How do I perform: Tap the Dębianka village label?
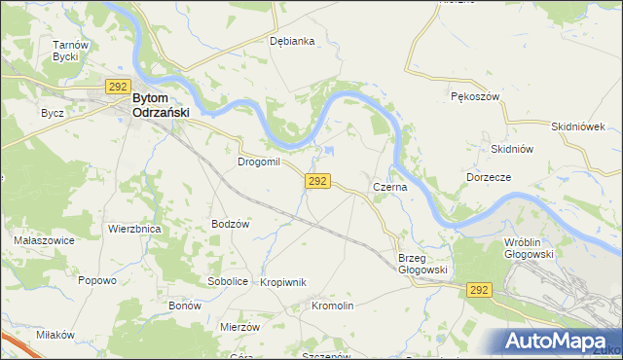coord(292,41)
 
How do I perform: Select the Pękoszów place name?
coord(475,98)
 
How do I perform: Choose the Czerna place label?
coord(389,185)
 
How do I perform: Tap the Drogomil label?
coord(258,162)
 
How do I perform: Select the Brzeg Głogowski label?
coord(421,264)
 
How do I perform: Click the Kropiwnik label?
coord(283,282)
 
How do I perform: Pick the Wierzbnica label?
coord(134,229)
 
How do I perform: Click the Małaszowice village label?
coord(38,239)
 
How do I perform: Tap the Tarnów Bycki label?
coord(71,51)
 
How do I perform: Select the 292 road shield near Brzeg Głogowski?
coord(478,290)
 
